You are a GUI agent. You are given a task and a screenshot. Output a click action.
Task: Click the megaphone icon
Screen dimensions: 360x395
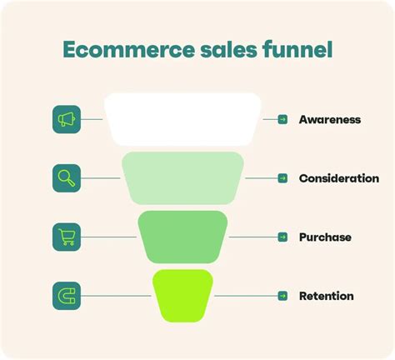pyautogui.click(x=67, y=120)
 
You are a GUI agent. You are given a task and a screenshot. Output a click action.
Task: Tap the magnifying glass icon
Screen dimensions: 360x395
pyautogui.click(x=67, y=178)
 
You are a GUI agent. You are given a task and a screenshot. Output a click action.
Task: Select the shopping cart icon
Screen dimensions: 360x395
pyautogui.click(x=67, y=237)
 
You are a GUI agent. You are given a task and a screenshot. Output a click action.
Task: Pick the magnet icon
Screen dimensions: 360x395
pyautogui.click(x=67, y=296)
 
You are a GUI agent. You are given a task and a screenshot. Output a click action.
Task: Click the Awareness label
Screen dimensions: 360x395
pyautogui.click(x=329, y=120)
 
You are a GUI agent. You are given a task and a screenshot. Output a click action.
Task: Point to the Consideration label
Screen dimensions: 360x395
pyautogui.click(x=338, y=178)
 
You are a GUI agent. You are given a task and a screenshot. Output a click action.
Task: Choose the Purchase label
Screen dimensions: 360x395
pyautogui.click(x=325, y=237)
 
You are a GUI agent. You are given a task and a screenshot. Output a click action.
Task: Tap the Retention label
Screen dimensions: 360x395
pyautogui.click(x=326, y=296)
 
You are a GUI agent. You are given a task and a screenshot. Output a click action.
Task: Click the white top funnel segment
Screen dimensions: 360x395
pyautogui.click(x=183, y=120)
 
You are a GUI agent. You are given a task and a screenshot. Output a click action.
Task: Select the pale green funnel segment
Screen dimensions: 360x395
pyautogui.click(x=183, y=178)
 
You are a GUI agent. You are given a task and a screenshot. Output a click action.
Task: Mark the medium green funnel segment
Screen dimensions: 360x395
pyautogui.click(x=183, y=237)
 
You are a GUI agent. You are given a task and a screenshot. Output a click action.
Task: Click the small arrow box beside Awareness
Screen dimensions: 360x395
pyautogui.click(x=282, y=120)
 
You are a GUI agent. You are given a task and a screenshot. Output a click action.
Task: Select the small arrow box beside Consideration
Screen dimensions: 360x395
pyautogui.click(x=282, y=178)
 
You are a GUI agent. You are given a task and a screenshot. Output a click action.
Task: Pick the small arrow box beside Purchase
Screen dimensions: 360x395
pyautogui.click(x=282, y=237)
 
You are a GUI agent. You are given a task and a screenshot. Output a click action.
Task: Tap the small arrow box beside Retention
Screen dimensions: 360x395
pyautogui.click(x=282, y=296)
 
